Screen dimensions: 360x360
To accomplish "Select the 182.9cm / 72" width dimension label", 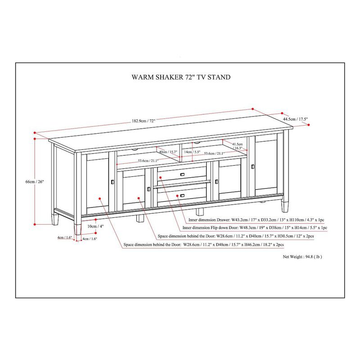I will click(143, 121).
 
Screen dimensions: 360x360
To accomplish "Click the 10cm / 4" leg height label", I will click(92, 226).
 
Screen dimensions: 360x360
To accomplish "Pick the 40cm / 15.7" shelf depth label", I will click(168, 152).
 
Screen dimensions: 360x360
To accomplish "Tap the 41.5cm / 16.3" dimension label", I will click(238, 146).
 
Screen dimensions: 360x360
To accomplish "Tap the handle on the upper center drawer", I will click(182, 174).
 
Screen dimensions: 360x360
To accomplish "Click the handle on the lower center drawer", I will click(182, 195).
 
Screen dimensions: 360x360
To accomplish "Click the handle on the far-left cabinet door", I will click(111, 182).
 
